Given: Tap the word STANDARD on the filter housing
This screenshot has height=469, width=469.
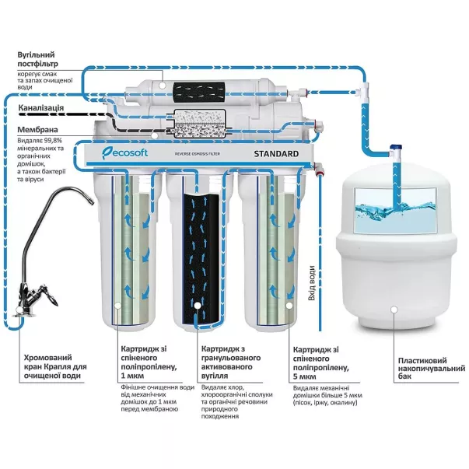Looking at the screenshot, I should pyautogui.click(x=275, y=154).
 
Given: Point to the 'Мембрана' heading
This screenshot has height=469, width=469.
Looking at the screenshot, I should pyautogui.click(x=40, y=131).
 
